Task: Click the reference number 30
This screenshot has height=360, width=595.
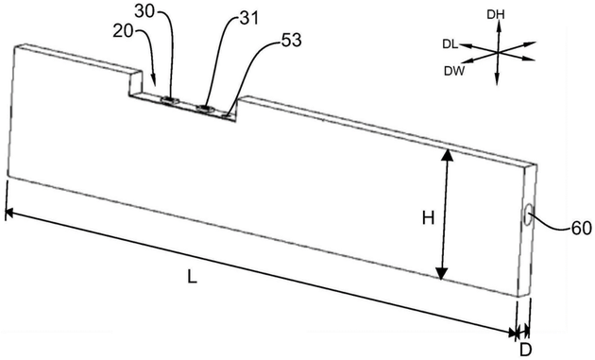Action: click(x=144, y=11)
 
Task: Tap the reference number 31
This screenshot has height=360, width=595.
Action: click(x=249, y=18)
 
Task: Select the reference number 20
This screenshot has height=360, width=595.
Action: click(x=123, y=31)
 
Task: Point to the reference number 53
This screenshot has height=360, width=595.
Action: click(x=291, y=40)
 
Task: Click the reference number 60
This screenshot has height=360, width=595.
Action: click(x=582, y=229)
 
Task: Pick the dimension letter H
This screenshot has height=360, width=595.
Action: click(x=429, y=218)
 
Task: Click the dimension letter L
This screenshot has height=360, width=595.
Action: click(x=193, y=277)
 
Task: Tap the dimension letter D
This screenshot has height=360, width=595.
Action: click(x=525, y=350)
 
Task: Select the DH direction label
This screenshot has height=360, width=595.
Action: click(x=496, y=15)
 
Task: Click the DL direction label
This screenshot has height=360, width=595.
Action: click(x=450, y=44)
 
